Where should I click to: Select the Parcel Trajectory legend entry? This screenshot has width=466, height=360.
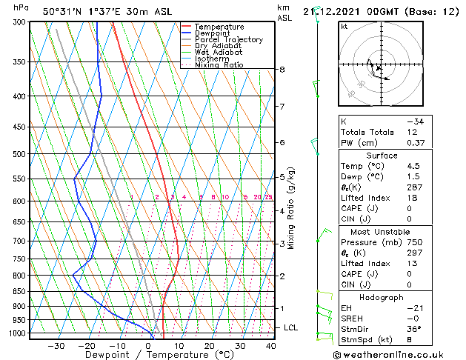(228, 39)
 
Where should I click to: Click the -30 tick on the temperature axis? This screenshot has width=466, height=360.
(56, 346)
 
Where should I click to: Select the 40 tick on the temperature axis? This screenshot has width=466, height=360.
(271, 346)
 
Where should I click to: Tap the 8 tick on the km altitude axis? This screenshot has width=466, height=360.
(282, 70)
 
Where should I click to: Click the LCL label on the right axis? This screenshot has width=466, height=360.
(291, 327)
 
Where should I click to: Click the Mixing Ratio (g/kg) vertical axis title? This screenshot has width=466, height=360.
(291, 208)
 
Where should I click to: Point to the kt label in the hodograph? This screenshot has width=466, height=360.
(344, 26)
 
